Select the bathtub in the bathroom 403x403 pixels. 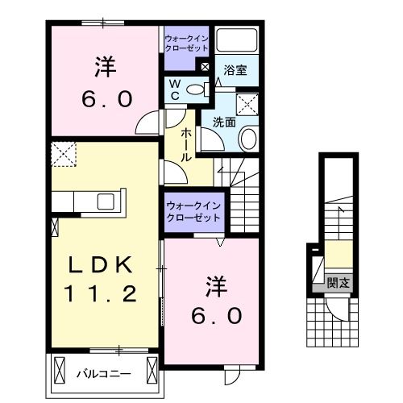tap(239, 44)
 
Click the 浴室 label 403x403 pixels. tap(235, 71)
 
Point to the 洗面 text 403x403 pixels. tap(224, 123)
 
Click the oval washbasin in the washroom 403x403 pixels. tap(250, 139)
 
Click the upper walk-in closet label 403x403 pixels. tap(187, 43)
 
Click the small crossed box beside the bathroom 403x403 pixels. tap(205, 68)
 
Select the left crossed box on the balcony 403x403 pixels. tap(59, 372)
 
